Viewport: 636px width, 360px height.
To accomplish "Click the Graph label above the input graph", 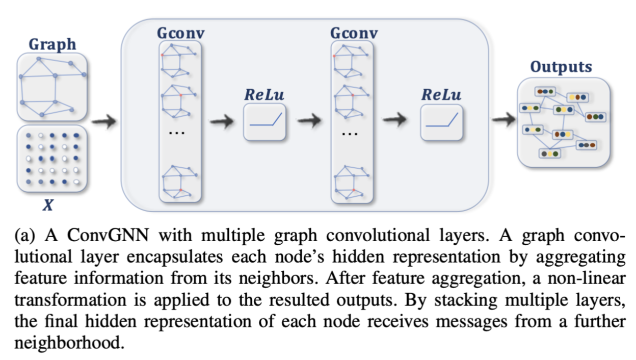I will coord(52,44).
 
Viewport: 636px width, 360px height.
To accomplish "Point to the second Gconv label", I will coord(354,33).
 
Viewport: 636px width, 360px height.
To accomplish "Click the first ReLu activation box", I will coord(264,122).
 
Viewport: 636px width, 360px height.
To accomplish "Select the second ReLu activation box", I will coord(441,122).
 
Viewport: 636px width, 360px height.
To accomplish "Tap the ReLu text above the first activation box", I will coord(264,94).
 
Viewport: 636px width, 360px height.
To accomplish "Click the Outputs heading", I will coord(561,67).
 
